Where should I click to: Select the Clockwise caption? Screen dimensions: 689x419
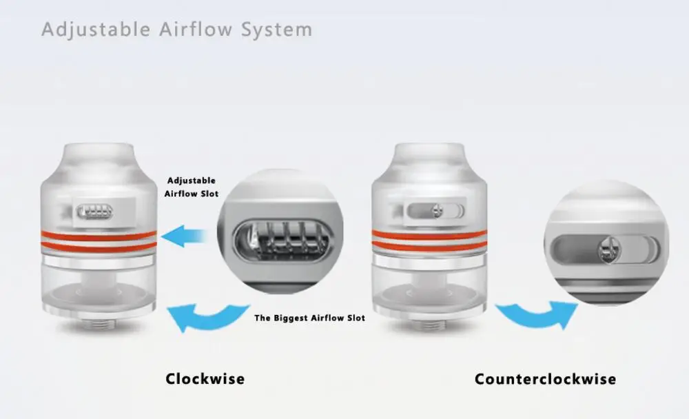(205, 379)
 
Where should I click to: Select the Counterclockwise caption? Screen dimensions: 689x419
(545, 379)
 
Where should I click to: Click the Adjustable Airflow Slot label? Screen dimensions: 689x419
(192, 187)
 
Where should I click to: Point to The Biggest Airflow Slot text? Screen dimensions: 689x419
(309, 318)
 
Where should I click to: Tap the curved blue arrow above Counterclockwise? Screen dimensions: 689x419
(538, 315)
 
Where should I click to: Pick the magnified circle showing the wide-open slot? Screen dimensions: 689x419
(278, 230)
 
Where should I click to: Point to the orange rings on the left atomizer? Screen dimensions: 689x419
(99, 241)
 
